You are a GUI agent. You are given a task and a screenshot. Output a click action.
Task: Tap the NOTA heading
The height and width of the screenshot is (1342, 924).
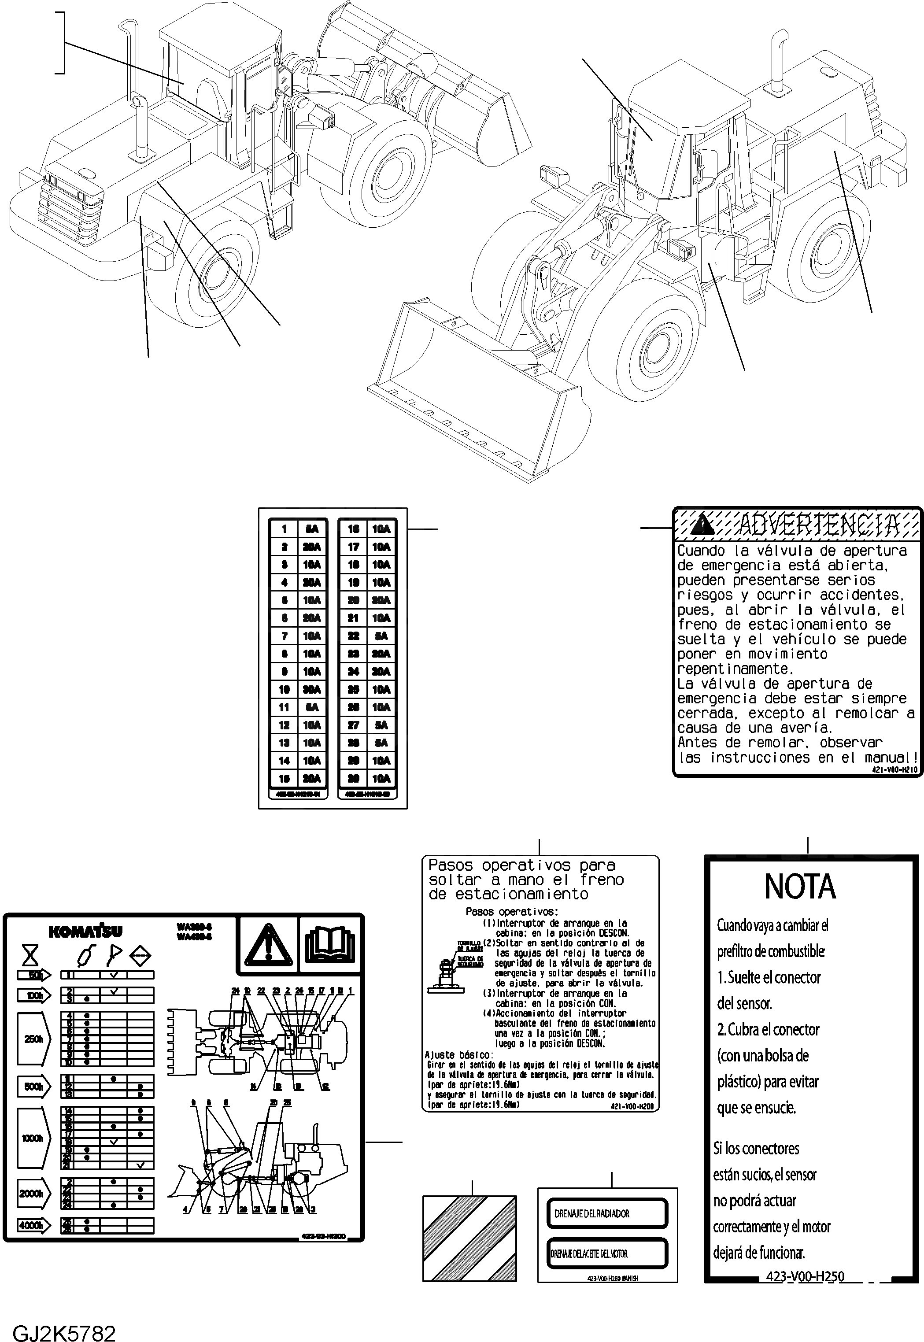click(800, 886)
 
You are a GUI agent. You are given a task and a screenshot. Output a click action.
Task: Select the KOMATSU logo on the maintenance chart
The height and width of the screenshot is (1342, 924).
click(86, 932)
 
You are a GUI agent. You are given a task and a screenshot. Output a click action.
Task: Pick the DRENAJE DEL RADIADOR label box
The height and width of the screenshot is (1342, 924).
click(607, 1213)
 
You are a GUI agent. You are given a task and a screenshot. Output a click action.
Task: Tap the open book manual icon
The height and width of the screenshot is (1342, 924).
click(329, 944)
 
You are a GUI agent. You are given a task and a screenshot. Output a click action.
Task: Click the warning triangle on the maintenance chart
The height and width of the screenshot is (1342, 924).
click(267, 944)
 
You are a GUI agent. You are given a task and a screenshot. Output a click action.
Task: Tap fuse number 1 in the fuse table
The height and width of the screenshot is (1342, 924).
click(284, 529)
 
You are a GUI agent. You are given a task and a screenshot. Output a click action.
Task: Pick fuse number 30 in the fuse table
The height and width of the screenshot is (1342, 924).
click(353, 778)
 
